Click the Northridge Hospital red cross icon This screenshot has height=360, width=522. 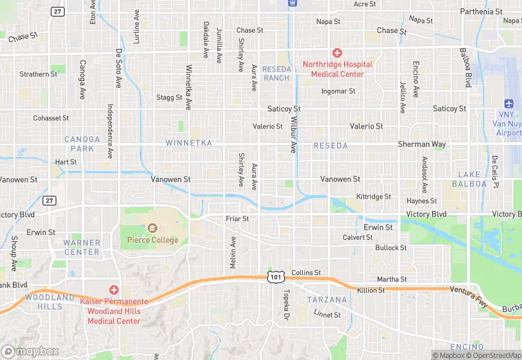[x=337, y=53]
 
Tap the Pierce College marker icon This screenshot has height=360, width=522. [x=152, y=228]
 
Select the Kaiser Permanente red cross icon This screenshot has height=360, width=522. [x=114, y=291]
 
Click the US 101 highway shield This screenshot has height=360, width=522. [x=275, y=276]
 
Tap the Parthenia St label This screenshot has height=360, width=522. [x=481, y=12]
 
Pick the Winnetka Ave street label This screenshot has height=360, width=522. [x=188, y=88]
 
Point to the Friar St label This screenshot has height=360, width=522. [x=237, y=218]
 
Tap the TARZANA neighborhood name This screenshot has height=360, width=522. [x=323, y=300]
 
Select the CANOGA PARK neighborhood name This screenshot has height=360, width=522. [x=82, y=144]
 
